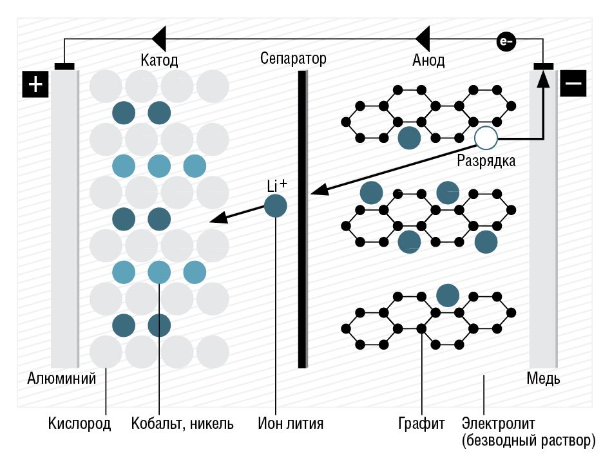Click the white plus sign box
[35, 84]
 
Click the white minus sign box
[573, 84]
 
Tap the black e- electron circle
[506, 42]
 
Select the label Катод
[159, 61]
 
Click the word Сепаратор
[293, 59]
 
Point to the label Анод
[428, 61]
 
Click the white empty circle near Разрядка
[486, 138]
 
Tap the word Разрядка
[486, 161]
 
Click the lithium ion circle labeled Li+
[276, 206]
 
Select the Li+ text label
[276, 185]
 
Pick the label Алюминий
[61, 378]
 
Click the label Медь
[543, 378]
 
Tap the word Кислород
[80, 424]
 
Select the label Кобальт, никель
[182, 424]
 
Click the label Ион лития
[290, 424]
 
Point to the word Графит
[422, 424]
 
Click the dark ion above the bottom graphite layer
[447, 295]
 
